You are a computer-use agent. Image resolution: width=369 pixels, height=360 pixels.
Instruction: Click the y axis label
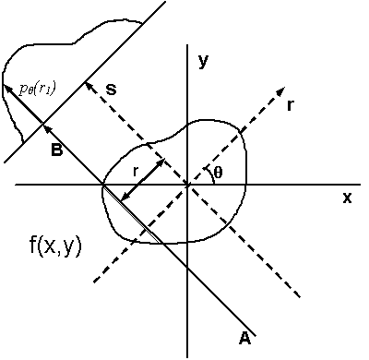(x=204, y=62)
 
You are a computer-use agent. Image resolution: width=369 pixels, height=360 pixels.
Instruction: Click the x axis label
(x=347, y=198)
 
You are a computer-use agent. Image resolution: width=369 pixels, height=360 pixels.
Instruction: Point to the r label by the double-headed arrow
(x=136, y=170)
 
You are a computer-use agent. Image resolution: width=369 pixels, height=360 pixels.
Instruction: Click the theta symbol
(x=218, y=172)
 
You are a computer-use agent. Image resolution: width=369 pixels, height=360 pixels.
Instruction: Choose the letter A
(x=244, y=339)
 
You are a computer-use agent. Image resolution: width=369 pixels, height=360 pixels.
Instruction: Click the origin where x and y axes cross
(x=188, y=185)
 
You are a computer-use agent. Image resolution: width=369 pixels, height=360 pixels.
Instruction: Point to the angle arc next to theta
(x=211, y=176)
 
